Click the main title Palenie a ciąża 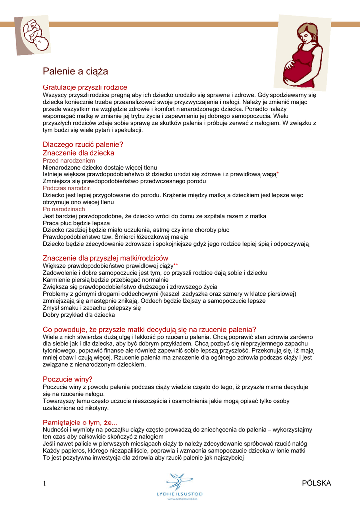pyautogui.click(x=76, y=72)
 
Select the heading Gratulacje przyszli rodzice pyautogui.click(x=85, y=87)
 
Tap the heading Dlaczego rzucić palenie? pyautogui.click(x=83, y=145)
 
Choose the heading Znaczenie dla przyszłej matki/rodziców pyautogui.click(x=105, y=258)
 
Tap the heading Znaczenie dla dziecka pyautogui.click(x=79, y=153)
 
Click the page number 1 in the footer pyautogui.click(x=45, y=483)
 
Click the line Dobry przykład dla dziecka pyautogui.click(x=79, y=315)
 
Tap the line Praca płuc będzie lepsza pyautogui.click(x=76, y=223)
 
